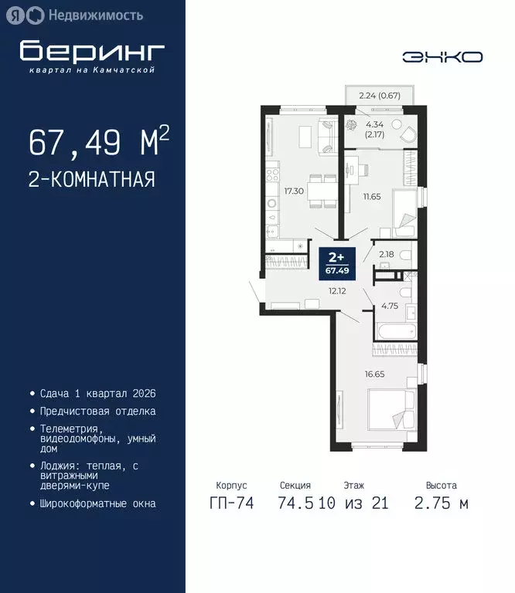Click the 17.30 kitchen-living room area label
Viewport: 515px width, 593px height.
293,189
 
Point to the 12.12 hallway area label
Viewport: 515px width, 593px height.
337,291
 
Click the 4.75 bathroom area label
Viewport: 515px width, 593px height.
389,307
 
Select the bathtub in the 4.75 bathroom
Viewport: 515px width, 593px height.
395,331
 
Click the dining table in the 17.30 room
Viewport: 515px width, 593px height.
319,188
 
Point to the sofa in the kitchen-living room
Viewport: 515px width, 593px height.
325,137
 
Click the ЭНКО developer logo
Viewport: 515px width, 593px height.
442,56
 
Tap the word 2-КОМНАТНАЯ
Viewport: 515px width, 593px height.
91,180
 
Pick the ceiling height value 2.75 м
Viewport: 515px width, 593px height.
442,503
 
